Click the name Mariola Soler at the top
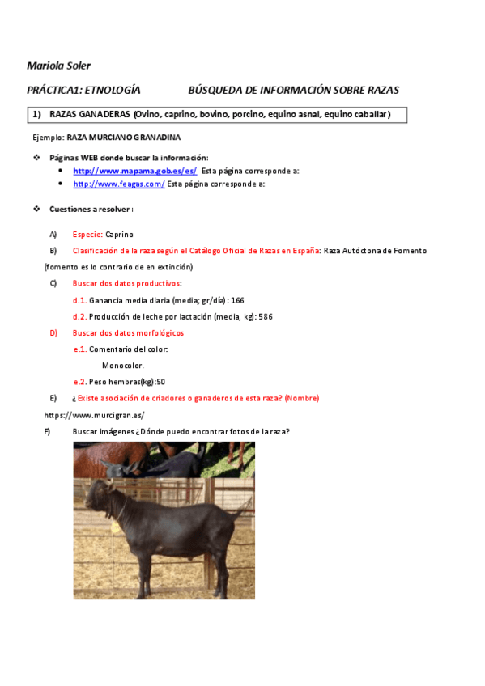(58, 65)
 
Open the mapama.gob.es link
(134, 171)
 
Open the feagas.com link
(119, 184)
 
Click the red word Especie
(87, 234)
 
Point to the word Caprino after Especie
(120, 234)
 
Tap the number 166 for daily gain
(237, 300)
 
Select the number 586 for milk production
(265, 316)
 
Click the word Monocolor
(123, 366)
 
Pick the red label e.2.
(80, 382)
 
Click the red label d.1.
(79, 300)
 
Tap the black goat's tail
(242, 510)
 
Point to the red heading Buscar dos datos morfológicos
(128, 332)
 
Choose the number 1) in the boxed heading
(36, 115)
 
